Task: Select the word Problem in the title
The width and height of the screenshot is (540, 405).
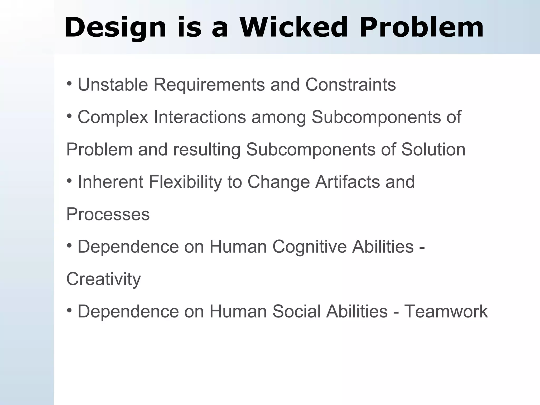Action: [x=421, y=27]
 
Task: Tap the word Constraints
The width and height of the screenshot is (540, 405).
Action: [x=350, y=85]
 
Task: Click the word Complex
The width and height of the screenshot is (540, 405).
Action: [x=113, y=117]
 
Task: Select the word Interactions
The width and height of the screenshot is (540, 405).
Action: [x=200, y=117]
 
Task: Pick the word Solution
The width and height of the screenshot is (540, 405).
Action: [x=433, y=150]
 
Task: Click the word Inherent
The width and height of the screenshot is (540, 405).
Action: [x=110, y=182]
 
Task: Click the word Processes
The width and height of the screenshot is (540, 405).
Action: [x=108, y=214]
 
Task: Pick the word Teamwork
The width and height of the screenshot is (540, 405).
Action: [x=446, y=311]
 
